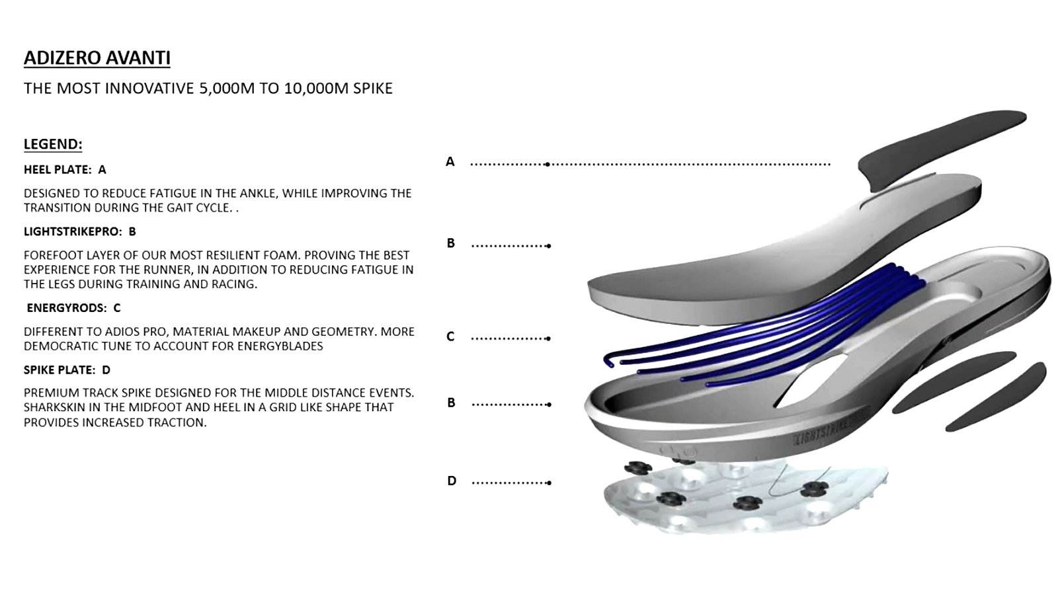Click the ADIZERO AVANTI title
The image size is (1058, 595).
(97, 58)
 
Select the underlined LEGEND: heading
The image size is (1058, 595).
(53, 144)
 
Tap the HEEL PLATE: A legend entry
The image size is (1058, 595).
(65, 170)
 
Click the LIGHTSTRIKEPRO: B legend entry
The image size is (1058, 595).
(79, 232)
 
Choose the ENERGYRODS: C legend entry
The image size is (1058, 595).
(73, 308)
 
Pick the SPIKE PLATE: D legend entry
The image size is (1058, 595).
(67, 370)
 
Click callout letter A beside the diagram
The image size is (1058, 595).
(450, 162)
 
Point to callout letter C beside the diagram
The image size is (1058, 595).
(450, 337)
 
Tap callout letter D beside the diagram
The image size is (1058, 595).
(452, 481)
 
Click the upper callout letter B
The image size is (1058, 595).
(451, 243)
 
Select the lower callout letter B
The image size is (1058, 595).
(451, 403)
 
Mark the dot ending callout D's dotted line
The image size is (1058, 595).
(549, 483)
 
